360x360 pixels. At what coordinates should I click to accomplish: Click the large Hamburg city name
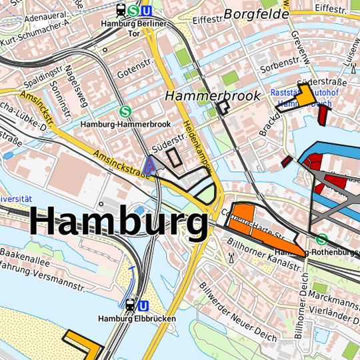click(x=119, y=223)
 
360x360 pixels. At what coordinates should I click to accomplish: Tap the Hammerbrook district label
click(x=213, y=97)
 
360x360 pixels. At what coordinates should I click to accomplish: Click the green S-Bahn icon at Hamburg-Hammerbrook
click(x=125, y=112)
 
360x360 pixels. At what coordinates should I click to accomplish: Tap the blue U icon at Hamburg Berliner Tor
click(x=147, y=11)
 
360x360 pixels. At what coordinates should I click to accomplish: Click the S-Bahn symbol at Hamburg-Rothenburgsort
click(x=322, y=239)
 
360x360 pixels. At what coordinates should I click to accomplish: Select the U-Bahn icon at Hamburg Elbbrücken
click(x=142, y=306)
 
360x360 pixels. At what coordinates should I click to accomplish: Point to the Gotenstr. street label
click(x=130, y=72)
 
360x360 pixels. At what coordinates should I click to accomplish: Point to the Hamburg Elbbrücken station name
click(x=137, y=319)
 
